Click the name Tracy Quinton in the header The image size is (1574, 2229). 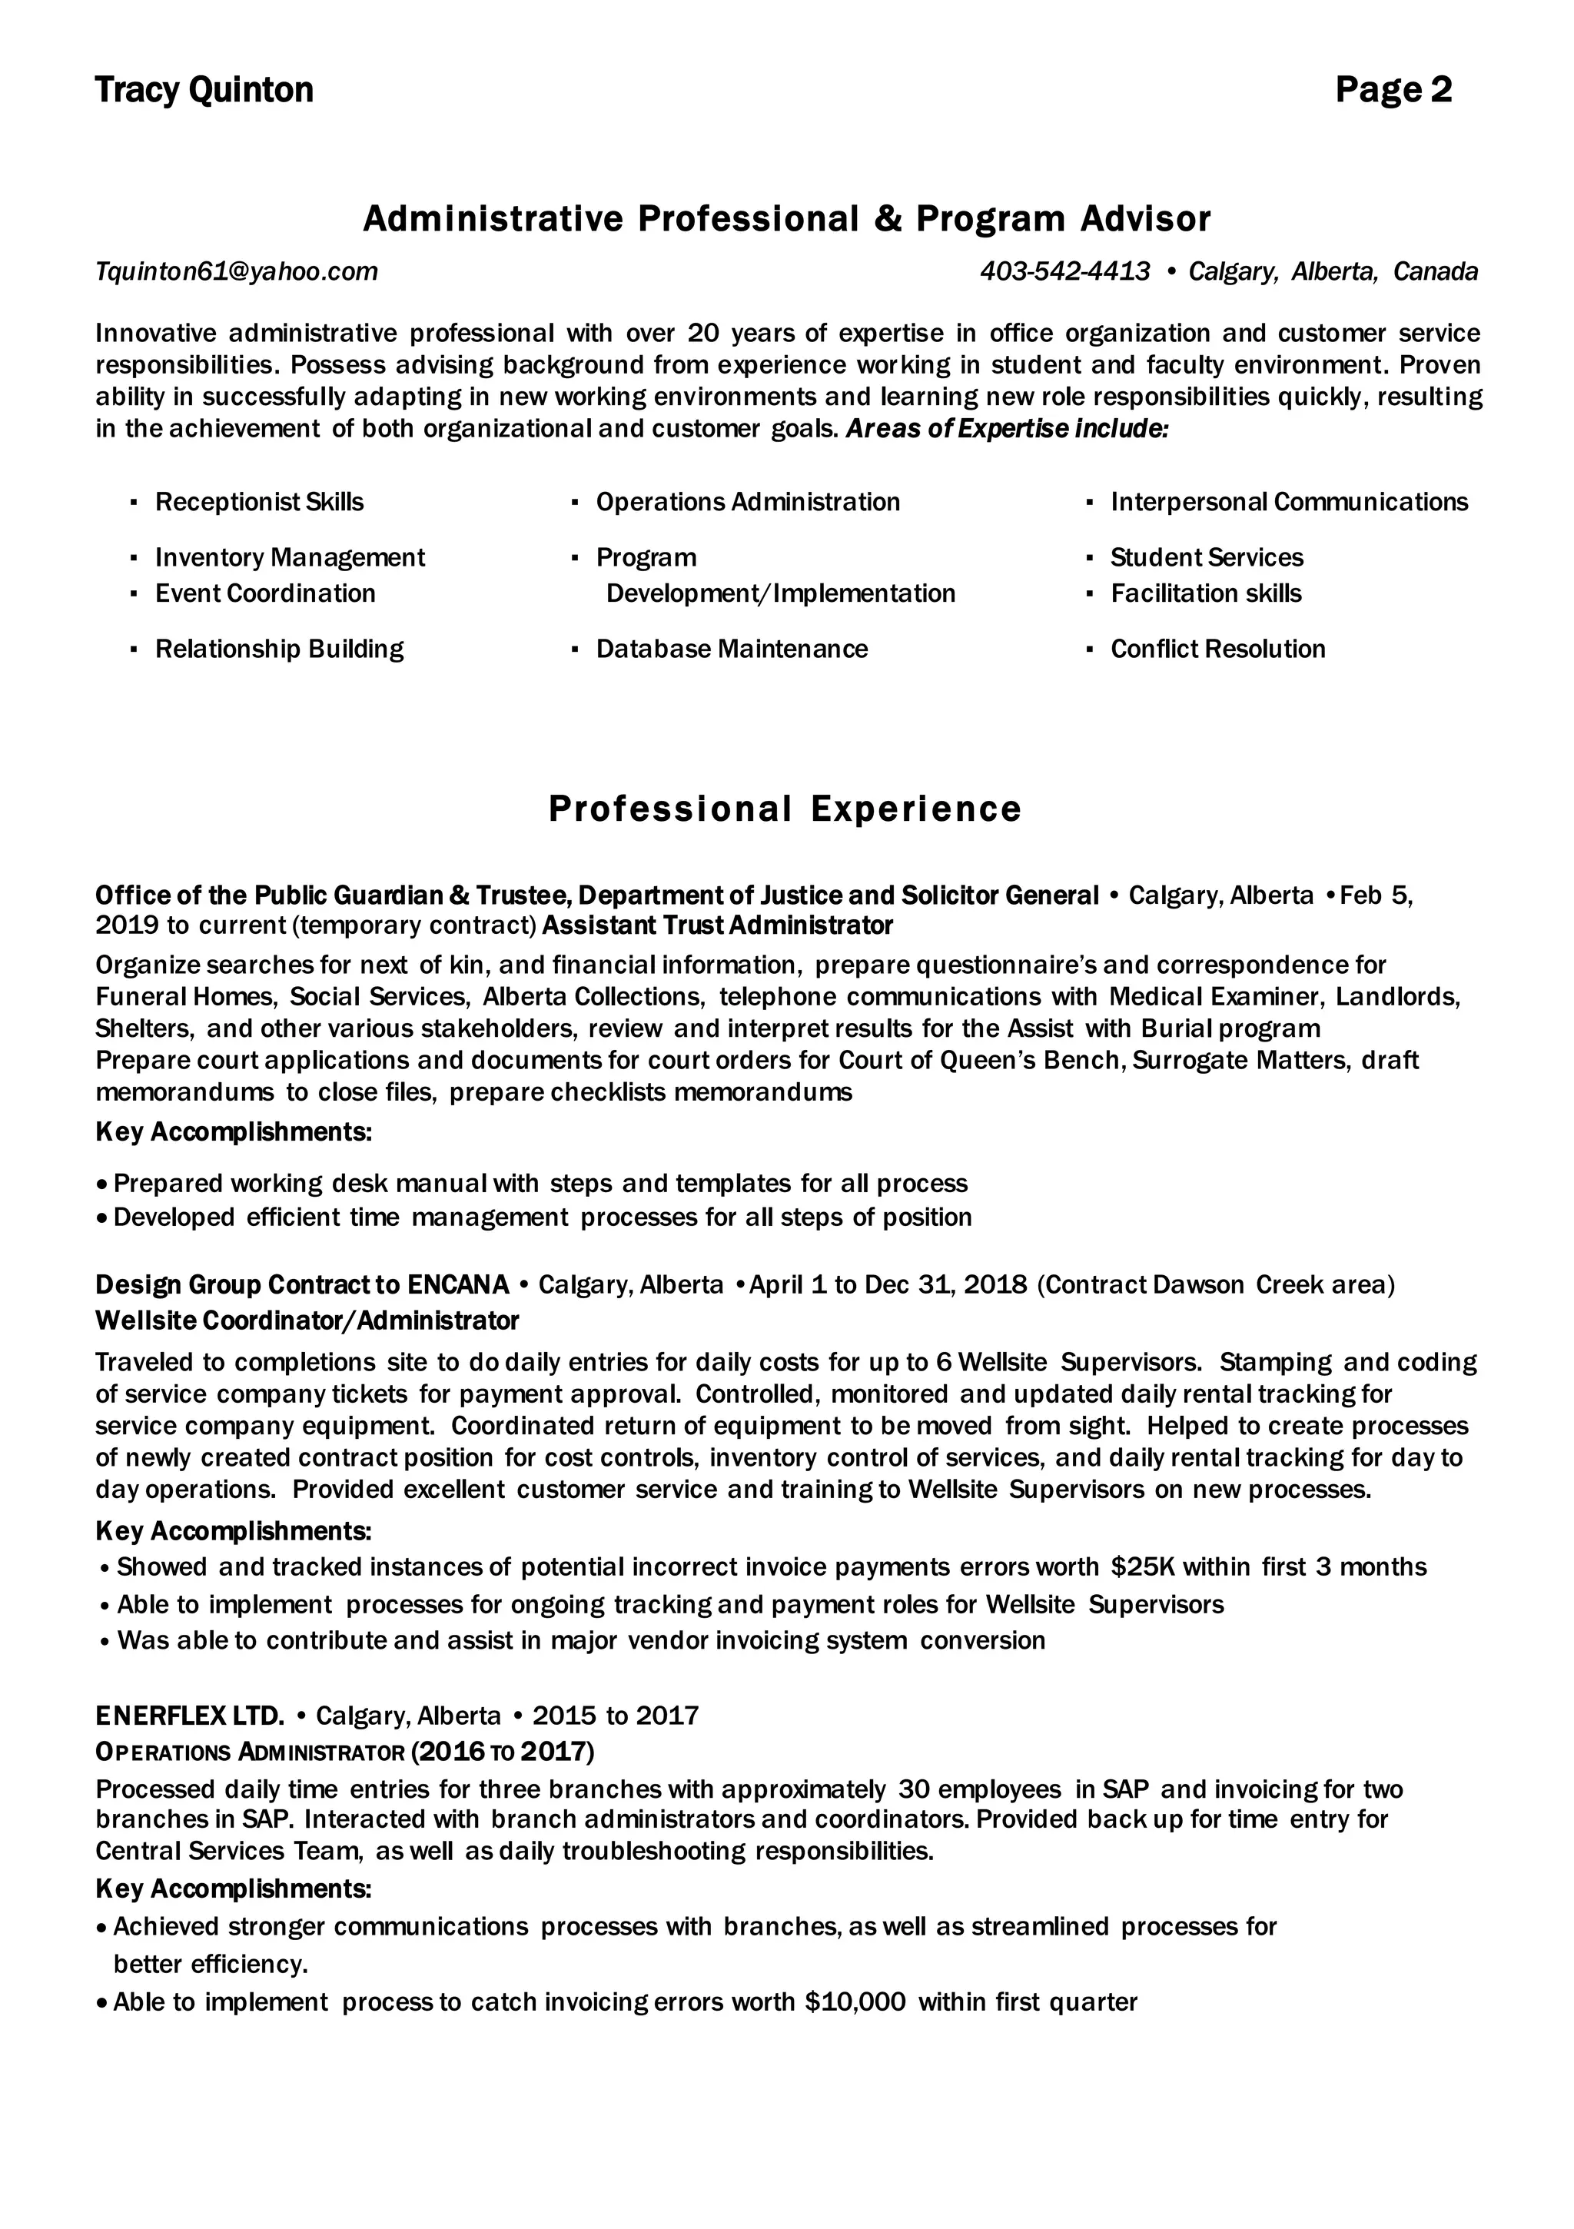(204, 90)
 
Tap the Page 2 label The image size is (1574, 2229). (1393, 90)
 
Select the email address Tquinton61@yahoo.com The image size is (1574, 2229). (236, 272)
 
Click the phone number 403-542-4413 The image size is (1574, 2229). (1064, 272)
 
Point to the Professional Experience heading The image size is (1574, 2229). (785, 809)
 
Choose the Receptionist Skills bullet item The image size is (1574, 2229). (259, 502)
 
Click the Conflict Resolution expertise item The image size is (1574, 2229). (1217, 649)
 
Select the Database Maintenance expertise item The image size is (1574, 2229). (731, 649)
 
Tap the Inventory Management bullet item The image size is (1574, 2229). (289, 557)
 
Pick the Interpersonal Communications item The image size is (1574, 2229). (1289, 502)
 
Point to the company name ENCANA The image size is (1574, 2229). (458, 1284)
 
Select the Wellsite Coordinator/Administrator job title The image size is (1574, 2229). (307, 1320)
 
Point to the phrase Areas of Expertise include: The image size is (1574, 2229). (1007, 429)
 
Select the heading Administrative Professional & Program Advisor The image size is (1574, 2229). (786, 219)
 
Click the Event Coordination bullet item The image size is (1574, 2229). (264, 593)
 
